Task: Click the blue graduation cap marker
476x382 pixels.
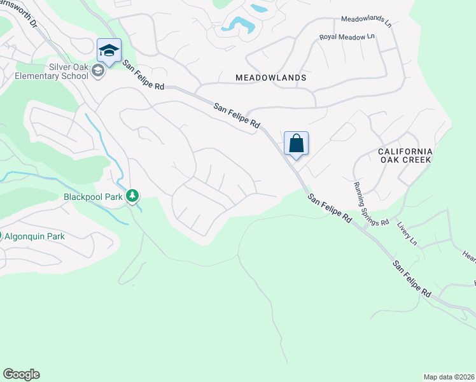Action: (109, 50)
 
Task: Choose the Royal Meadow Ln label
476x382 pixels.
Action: (347, 37)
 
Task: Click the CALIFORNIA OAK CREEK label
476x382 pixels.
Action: (405, 155)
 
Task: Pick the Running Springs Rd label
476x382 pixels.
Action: (371, 203)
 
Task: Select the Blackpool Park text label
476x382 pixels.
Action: (93, 197)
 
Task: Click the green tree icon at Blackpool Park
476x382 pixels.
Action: (132, 196)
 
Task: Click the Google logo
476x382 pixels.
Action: (21, 374)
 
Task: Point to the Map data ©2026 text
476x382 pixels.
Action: (449, 377)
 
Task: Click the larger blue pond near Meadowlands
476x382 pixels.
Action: (240, 25)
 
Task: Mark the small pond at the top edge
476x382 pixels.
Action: (259, 8)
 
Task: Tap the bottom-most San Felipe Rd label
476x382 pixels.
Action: (412, 279)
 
